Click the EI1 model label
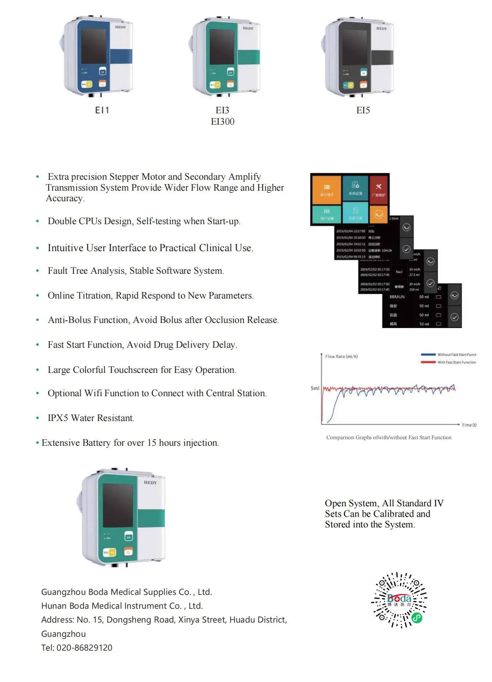click(x=102, y=110)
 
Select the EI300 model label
click(x=222, y=122)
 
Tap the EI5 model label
click(x=363, y=110)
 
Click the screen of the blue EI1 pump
click(x=93, y=46)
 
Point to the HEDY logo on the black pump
click(x=381, y=28)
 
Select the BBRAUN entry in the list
click(x=397, y=297)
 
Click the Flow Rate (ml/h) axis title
click(x=341, y=356)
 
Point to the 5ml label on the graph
click(x=315, y=388)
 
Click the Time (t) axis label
click(x=469, y=425)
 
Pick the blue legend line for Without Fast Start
click(x=428, y=354)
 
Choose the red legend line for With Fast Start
click(x=428, y=362)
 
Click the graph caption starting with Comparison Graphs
click(x=388, y=437)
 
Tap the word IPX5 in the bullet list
click(x=58, y=418)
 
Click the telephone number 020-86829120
click(x=84, y=648)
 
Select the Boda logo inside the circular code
click(x=399, y=599)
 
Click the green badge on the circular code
click(x=417, y=617)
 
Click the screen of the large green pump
click(x=117, y=505)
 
